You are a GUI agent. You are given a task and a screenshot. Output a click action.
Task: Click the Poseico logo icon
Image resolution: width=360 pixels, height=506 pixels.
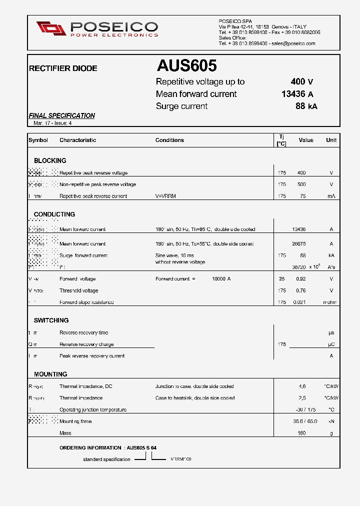[51, 28]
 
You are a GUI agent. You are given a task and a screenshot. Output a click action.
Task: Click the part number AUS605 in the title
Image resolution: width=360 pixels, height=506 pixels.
[186, 66]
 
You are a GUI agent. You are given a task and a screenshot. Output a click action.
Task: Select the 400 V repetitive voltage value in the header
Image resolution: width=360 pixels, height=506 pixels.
[302, 82]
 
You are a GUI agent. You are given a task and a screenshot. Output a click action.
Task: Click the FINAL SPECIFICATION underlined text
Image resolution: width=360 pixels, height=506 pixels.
[62, 115]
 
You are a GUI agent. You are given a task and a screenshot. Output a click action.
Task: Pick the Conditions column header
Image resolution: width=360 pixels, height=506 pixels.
[169, 140]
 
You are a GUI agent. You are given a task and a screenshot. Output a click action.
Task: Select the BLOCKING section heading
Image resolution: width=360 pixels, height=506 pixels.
[50, 160]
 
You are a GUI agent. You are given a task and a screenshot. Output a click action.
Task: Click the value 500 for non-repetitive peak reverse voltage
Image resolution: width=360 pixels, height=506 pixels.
[301, 184]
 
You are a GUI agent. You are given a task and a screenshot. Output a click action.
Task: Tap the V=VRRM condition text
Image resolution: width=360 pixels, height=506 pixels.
[165, 196]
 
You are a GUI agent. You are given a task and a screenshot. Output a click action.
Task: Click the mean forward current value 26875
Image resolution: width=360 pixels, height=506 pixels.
[298, 244]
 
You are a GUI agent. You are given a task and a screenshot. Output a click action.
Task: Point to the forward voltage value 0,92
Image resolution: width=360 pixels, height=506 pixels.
[300, 279]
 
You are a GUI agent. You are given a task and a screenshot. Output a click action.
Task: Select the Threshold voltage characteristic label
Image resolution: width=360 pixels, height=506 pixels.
[78, 290]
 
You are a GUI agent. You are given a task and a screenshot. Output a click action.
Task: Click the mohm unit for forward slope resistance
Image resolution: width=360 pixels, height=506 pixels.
[330, 302]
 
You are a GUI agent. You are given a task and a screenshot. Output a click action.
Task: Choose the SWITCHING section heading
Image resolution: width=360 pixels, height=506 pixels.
[51, 320]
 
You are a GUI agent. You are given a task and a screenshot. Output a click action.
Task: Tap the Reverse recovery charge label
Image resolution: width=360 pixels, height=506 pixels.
[86, 344]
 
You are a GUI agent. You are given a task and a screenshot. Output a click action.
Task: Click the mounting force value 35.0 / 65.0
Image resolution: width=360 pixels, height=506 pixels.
[305, 421]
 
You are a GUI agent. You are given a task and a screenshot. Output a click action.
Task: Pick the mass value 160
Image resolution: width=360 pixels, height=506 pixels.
[301, 433]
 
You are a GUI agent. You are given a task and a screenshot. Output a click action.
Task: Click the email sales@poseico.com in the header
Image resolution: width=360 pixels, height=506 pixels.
[293, 43]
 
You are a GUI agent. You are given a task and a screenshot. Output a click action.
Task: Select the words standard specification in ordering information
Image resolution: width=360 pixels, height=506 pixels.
[106, 459]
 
